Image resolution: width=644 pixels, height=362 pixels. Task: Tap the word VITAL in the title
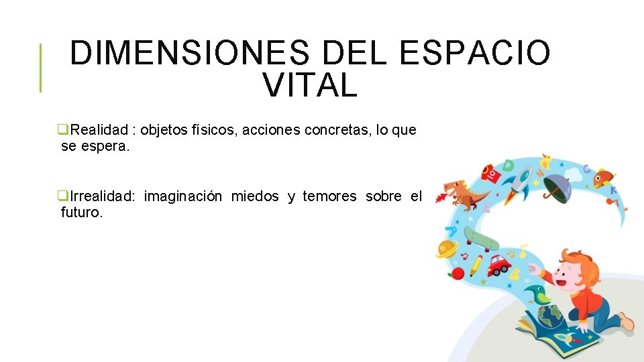coord(310,86)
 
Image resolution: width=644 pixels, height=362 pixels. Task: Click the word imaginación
coord(182,196)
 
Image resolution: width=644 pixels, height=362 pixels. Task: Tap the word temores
coord(329,196)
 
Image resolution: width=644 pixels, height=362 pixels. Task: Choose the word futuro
coord(82,214)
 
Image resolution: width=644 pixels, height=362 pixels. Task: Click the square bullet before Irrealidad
coord(63,196)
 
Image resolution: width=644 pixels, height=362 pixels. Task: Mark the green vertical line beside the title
coord(41,67)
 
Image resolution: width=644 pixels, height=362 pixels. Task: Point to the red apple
coord(458,273)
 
